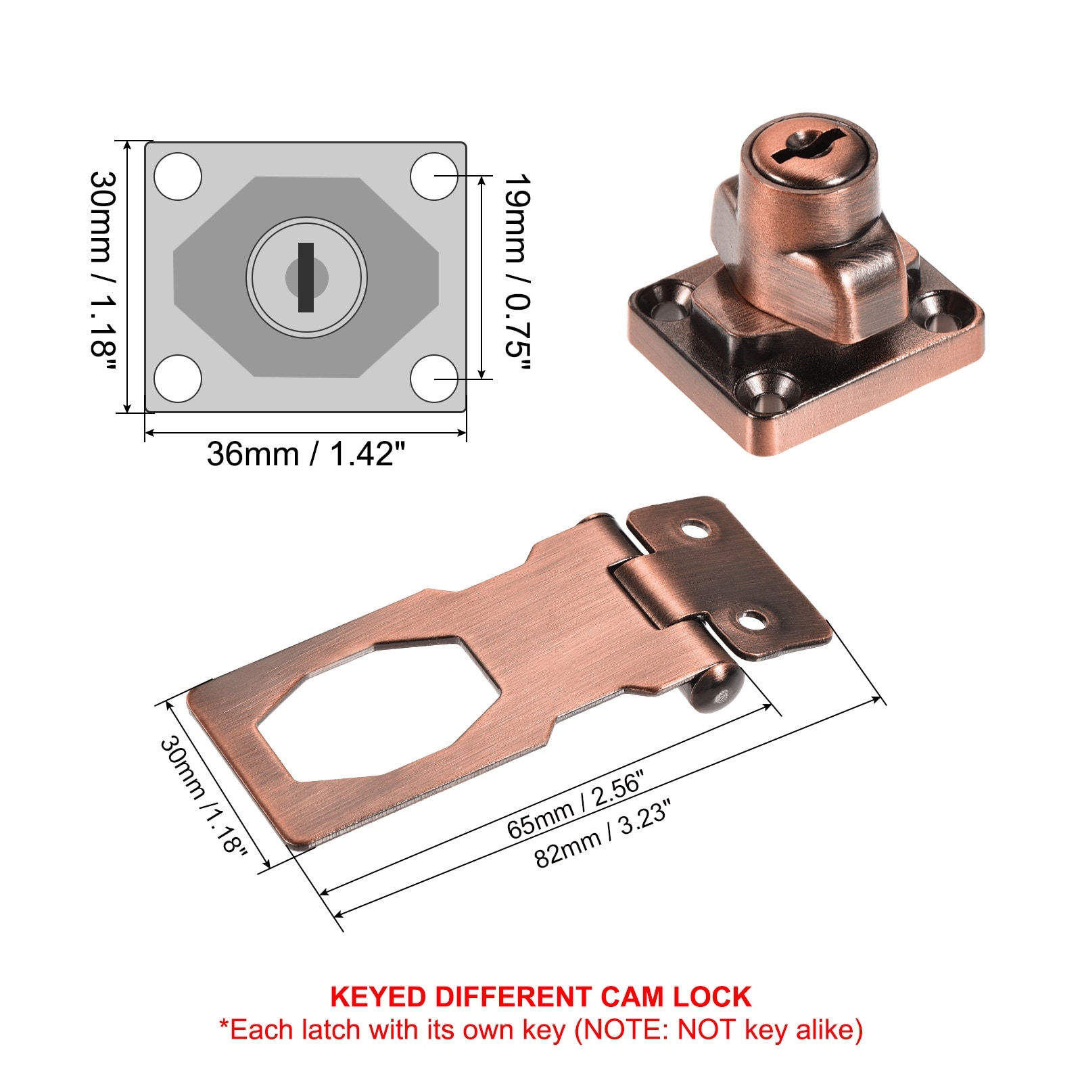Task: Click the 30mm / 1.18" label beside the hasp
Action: tap(203, 795)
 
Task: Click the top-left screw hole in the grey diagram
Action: tap(178, 177)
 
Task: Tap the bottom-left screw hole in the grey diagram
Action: tap(178, 378)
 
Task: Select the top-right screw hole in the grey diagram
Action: tap(434, 177)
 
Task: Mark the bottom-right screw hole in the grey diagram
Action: tap(434, 378)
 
